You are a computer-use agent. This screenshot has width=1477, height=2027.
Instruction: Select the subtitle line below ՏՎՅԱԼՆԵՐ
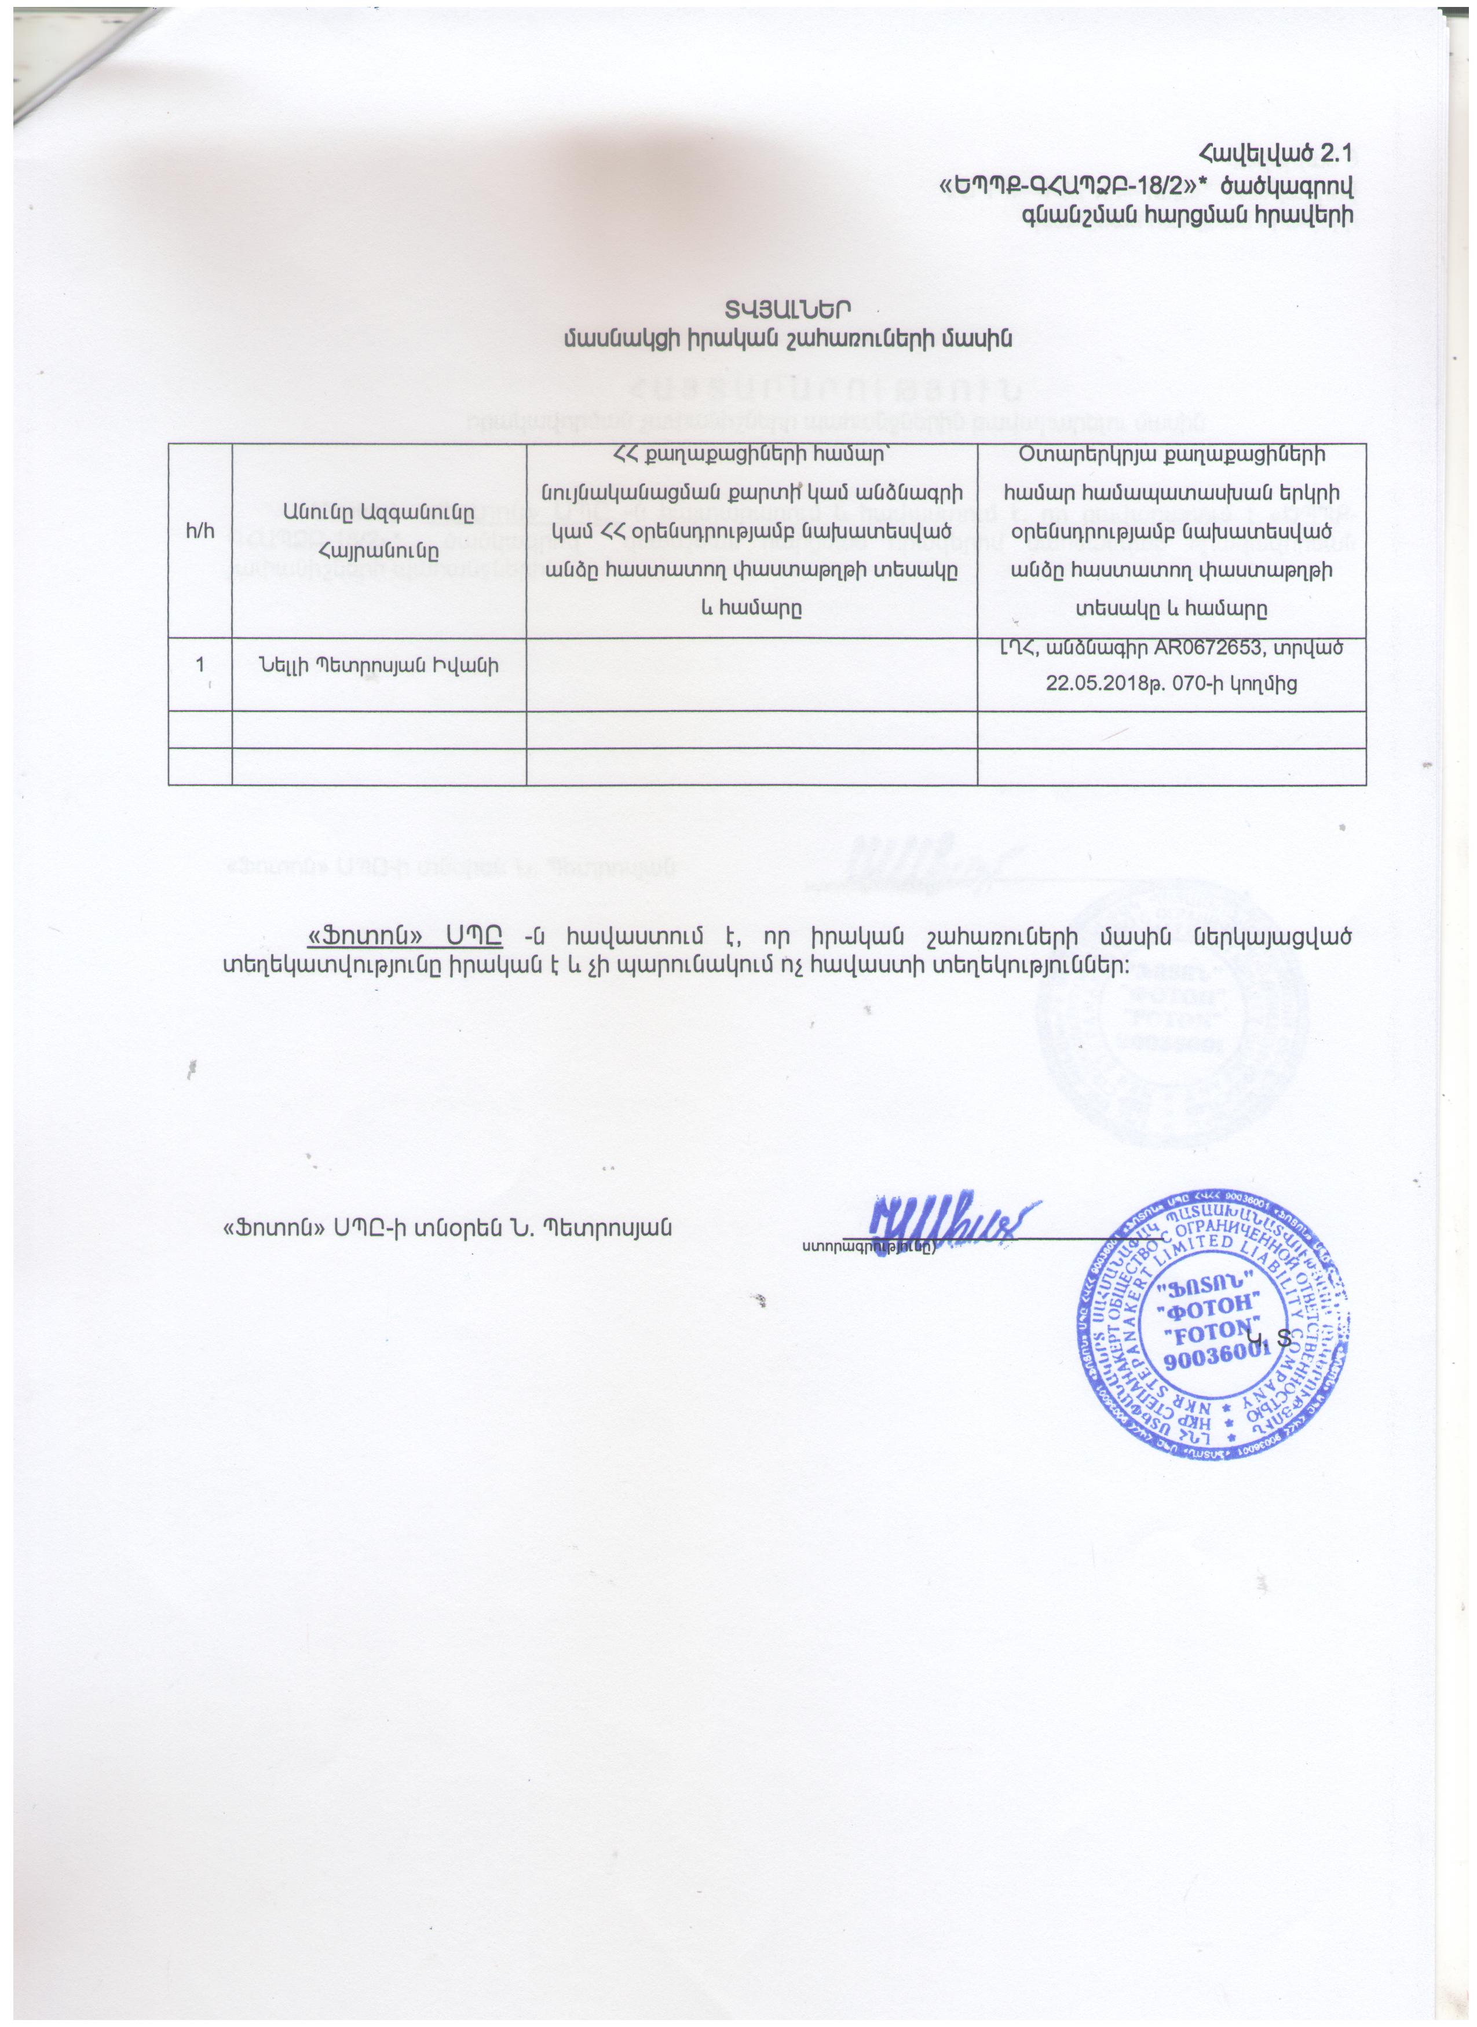(x=787, y=338)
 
